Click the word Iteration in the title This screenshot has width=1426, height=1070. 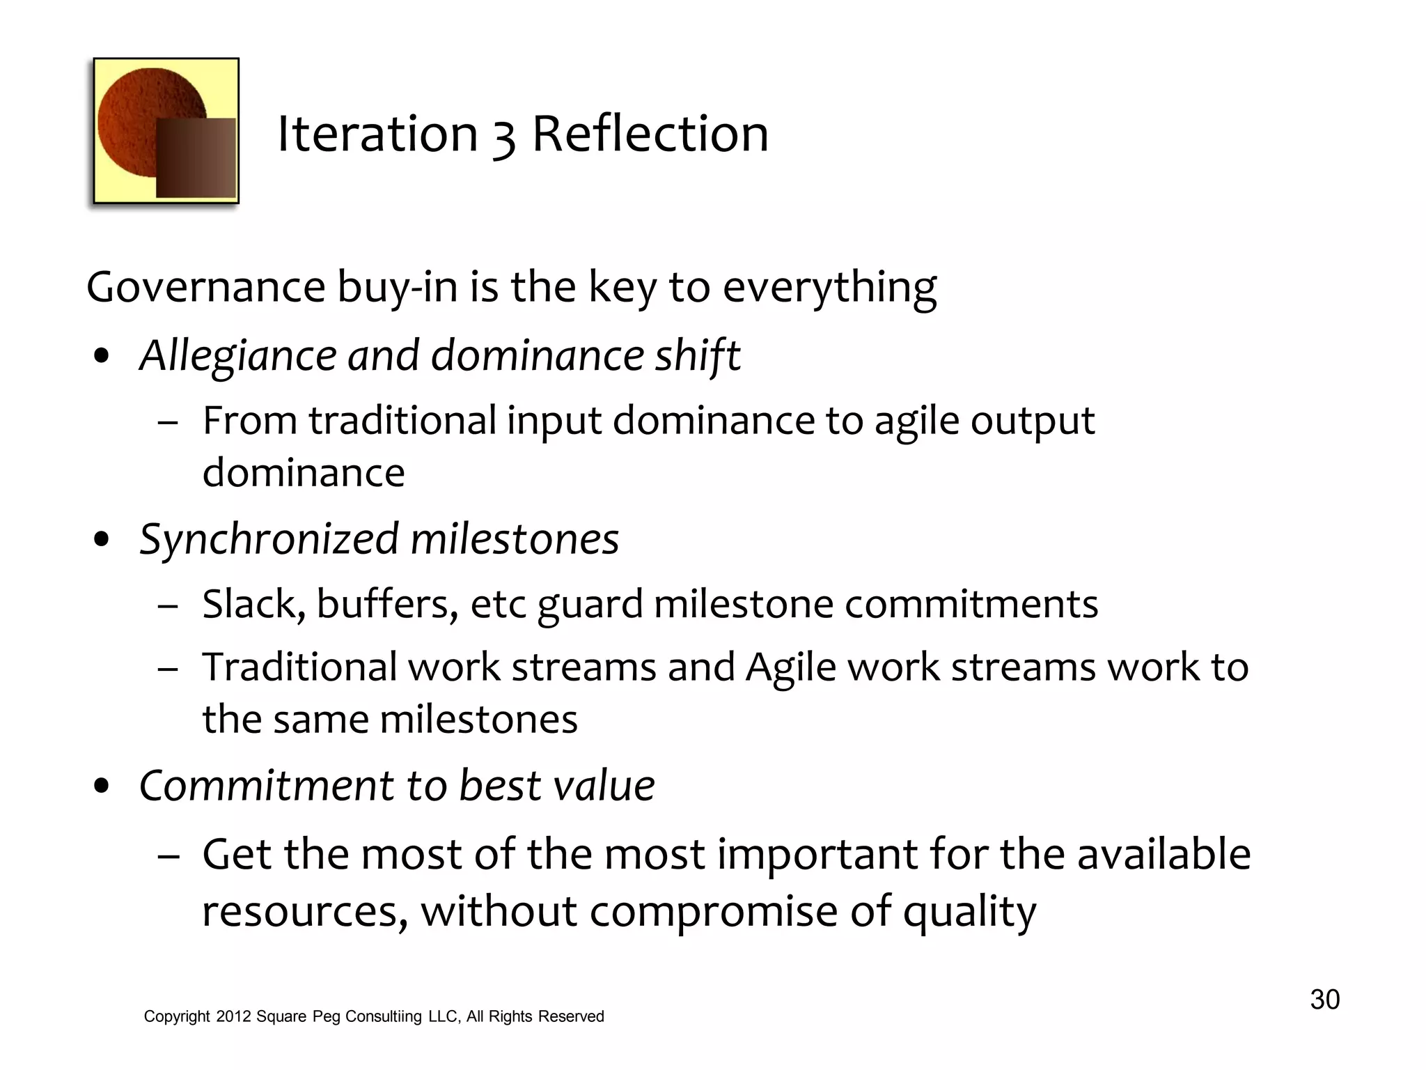click(377, 134)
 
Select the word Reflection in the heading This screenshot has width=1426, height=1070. click(650, 134)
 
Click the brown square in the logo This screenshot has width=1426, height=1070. click(196, 158)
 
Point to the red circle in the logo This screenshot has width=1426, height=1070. click(139, 111)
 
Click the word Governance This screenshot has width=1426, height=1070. click(206, 287)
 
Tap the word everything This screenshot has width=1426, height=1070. click(829, 287)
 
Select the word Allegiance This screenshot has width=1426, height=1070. click(237, 356)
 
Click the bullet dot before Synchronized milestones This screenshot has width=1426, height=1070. click(102, 539)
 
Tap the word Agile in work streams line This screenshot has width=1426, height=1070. click(790, 668)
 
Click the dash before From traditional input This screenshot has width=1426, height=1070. click(168, 423)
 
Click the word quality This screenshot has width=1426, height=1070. click(969, 912)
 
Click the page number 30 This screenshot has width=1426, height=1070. click(1324, 1000)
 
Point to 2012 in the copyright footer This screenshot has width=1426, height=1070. click(233, 1016)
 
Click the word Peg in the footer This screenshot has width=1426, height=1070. click(326, 1016)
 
